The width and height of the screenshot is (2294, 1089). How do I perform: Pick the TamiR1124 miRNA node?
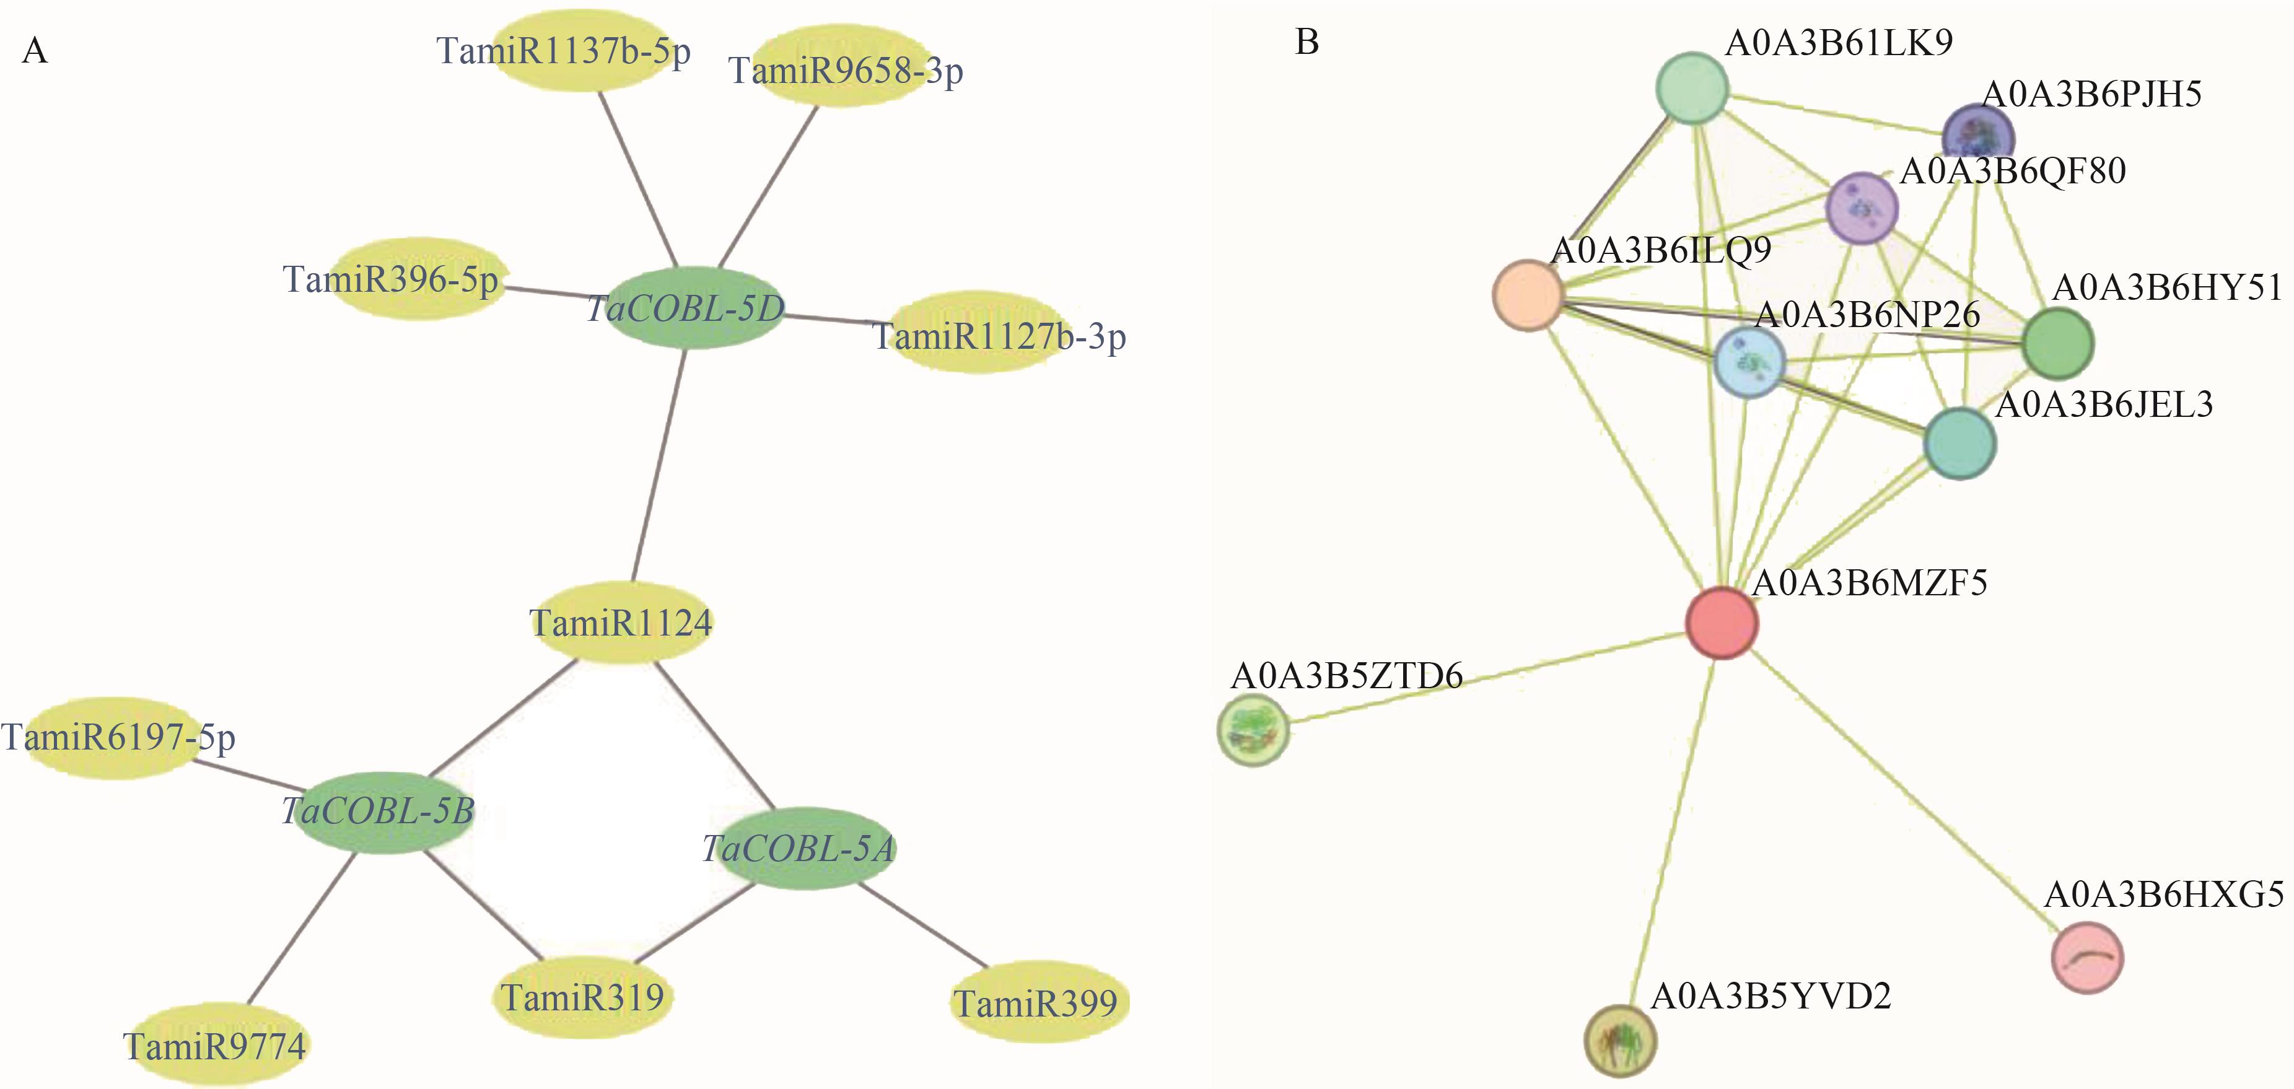pos(621,623)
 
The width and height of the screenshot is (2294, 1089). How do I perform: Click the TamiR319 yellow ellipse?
pos(582,997)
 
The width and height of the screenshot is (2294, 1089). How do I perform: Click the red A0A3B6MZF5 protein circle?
pos(1722,623)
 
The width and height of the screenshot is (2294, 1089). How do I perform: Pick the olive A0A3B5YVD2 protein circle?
pos(1621,1040)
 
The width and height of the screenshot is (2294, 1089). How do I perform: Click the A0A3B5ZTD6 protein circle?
pos(1253,731)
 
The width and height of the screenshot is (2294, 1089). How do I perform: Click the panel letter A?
pos(35,51)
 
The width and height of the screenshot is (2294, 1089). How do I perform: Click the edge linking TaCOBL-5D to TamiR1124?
pos(659,463)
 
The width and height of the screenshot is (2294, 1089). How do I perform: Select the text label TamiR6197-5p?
pos(118,737)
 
